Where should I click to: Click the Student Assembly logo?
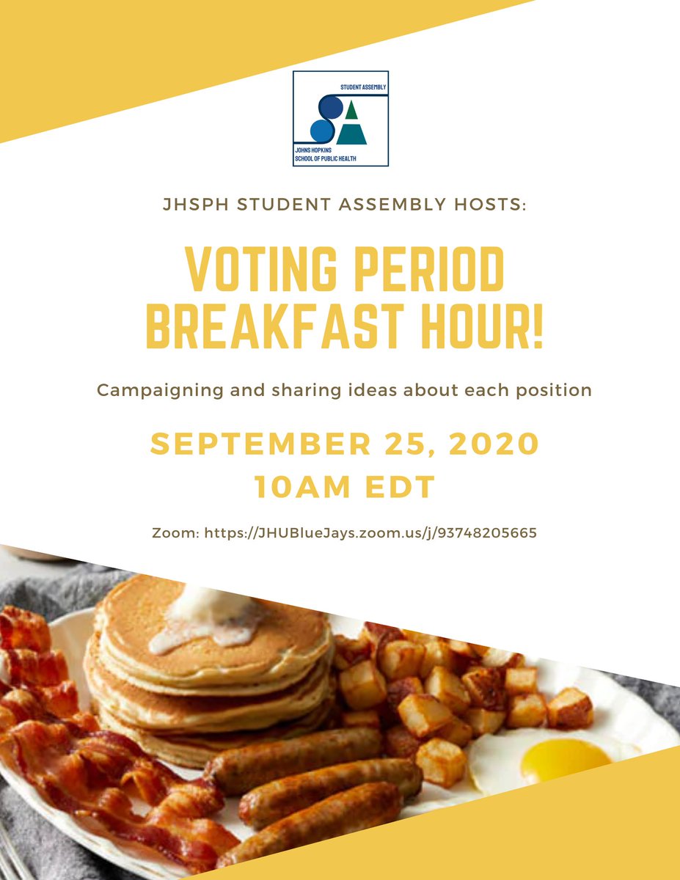(340, 118)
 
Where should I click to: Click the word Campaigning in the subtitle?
(158, 389)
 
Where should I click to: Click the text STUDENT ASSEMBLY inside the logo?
(362, 87)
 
